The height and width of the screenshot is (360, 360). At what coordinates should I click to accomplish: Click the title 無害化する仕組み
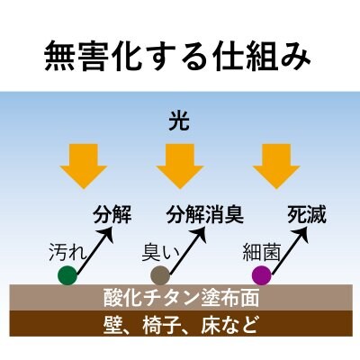(177, 56)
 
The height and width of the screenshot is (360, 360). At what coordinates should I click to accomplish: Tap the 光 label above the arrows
(179, 122)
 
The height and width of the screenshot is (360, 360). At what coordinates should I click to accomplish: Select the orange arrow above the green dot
(84, 166)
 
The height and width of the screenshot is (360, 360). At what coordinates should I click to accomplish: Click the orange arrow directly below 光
(180, 166)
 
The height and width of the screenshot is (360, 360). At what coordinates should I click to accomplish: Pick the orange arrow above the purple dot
(276, 166)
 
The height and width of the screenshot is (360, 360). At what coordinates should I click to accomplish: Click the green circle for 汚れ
(67, 275)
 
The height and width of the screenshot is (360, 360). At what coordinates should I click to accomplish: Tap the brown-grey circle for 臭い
(160, 275)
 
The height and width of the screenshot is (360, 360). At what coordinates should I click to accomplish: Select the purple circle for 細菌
(262, 275)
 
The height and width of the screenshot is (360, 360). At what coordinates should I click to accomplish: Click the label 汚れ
(67, 251)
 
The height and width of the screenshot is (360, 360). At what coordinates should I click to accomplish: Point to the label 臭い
(160, 252)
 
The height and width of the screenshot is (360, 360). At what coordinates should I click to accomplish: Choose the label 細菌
(261, 251)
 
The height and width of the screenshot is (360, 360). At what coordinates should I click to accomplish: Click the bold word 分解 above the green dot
(112, 215)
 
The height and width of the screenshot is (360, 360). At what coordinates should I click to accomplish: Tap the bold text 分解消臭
(205, 215)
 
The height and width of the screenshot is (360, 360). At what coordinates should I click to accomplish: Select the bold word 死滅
(306, 215)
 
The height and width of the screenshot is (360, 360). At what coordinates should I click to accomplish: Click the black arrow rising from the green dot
(94, 250)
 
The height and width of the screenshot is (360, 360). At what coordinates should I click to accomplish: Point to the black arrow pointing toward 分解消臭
(187, 250)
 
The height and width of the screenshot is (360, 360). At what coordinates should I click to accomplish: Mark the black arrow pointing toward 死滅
(289, 250)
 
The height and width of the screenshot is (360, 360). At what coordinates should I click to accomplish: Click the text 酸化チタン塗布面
(181, 298)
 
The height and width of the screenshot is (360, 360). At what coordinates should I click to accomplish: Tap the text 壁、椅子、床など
(180, 324)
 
